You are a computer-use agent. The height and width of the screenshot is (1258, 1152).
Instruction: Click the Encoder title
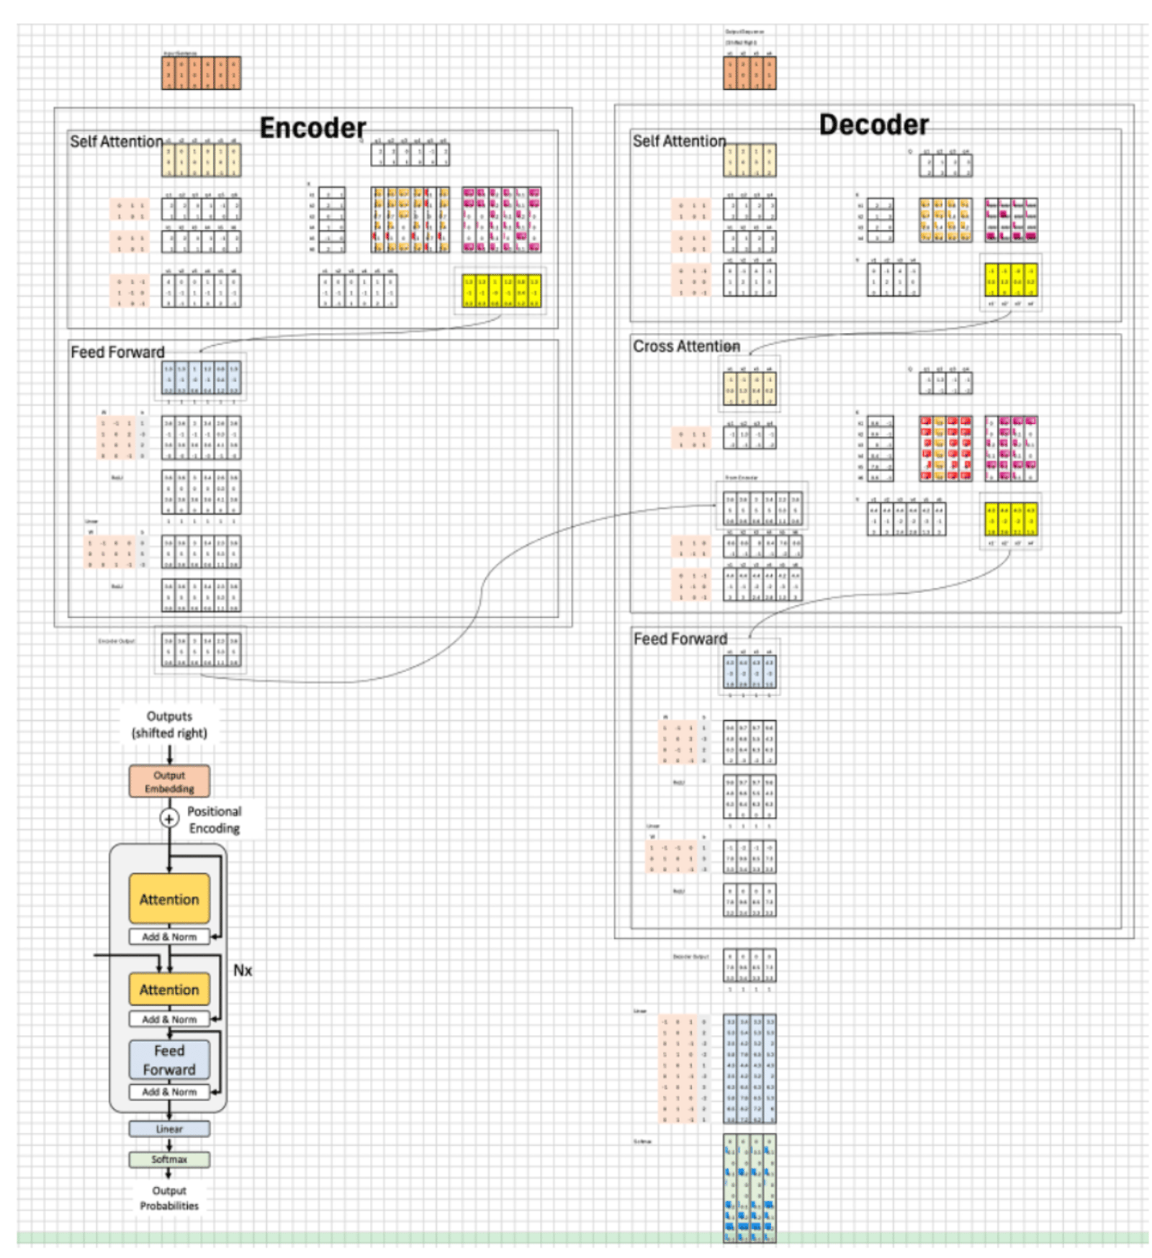point(312,128)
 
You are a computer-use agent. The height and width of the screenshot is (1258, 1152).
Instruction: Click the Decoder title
point(873,125)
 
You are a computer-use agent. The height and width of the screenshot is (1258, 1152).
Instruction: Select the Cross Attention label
point(685,347)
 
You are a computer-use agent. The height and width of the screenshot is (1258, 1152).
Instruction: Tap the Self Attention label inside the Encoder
point(116,142)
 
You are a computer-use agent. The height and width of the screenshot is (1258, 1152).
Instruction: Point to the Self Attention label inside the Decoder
point(678,141)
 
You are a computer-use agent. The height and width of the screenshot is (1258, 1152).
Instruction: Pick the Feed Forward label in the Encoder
point(117,352)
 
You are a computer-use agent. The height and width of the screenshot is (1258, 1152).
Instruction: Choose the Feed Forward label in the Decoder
point(680,638)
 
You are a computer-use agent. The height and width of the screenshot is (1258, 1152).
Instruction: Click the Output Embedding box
point(169,782)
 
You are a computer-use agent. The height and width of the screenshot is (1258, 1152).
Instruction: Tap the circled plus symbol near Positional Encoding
point(168,818)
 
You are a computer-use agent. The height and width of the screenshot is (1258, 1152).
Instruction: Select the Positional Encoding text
point(214,820)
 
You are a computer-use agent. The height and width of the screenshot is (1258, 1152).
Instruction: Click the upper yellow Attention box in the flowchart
point(169,899)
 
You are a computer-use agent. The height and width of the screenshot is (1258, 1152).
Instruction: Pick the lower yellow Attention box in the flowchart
point(169,990)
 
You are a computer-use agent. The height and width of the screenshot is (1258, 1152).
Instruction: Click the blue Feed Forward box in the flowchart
point(169,1060)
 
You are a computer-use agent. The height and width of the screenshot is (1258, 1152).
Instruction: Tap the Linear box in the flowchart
point(169,1128)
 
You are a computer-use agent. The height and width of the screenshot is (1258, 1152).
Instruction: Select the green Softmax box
point(169,1159)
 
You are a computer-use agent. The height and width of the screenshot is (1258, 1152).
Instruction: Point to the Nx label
point(243,971)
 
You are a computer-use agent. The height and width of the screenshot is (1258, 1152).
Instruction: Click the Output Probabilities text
point(169,1198)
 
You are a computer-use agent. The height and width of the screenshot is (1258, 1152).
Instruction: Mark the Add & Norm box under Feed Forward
point(169,1092)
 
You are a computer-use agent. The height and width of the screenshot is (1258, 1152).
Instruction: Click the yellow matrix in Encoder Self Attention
point(501,291)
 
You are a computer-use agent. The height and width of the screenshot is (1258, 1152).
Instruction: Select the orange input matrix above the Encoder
point(201,73)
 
